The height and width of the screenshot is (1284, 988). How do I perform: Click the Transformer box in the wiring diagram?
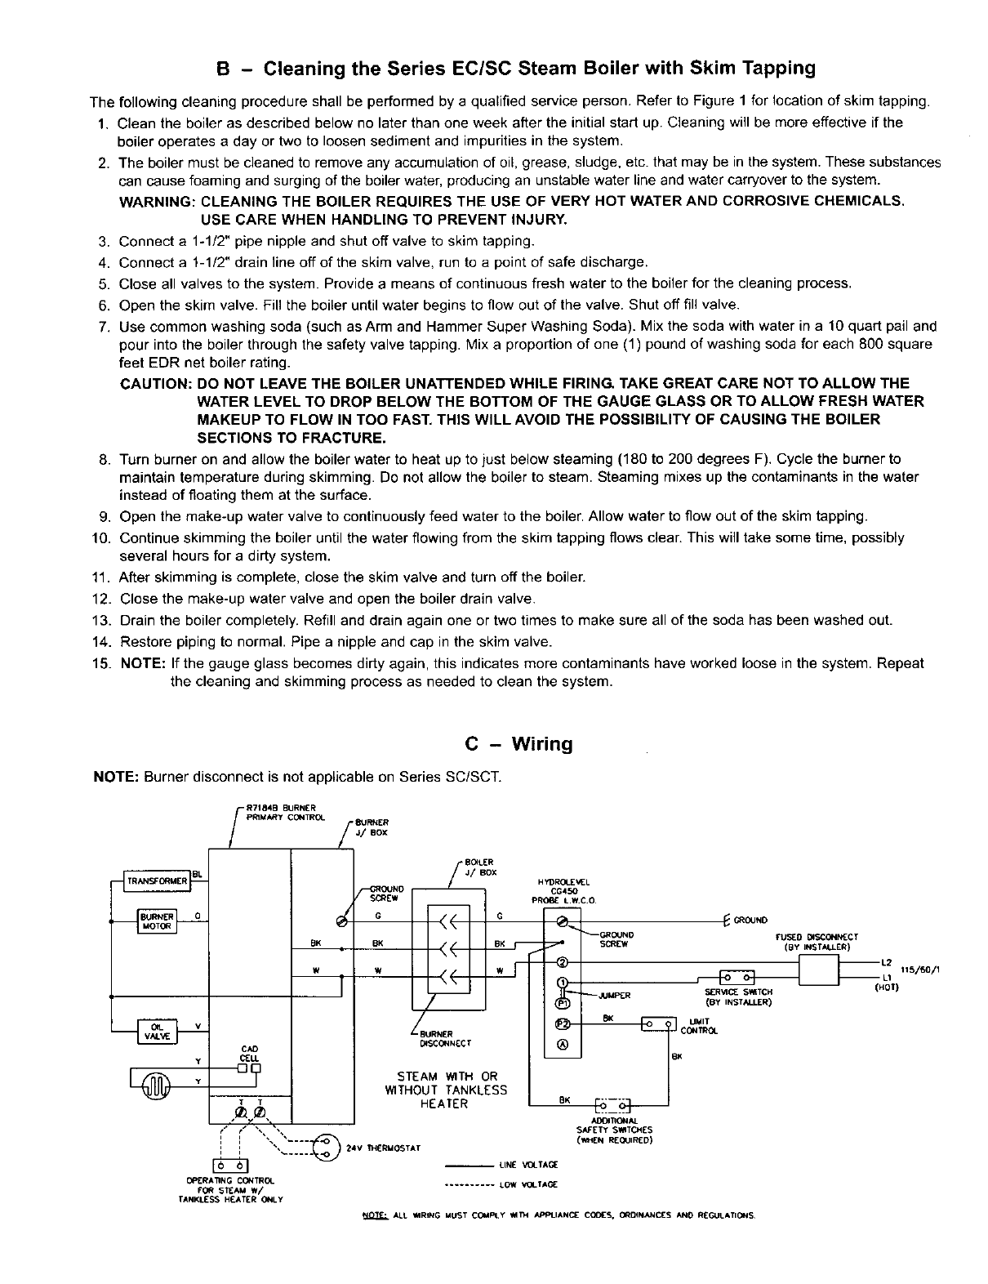157,881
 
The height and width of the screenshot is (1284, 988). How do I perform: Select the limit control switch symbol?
659,1023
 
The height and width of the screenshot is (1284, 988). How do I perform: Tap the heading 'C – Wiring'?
518,744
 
